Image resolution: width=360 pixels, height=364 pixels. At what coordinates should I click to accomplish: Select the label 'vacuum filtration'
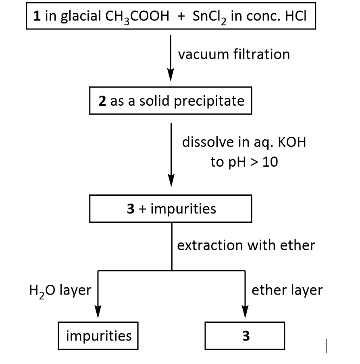point(234,54)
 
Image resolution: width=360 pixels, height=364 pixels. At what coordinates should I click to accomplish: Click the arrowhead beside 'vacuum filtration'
point(171,75)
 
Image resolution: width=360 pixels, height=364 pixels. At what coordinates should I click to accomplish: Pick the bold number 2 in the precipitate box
point(102,100)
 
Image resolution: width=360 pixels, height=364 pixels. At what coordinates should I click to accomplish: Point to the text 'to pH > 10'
point(244,163)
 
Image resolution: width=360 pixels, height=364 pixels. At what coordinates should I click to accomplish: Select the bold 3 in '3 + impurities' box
point(130,209)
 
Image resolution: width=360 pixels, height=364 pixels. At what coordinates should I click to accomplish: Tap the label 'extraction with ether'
point(246,245)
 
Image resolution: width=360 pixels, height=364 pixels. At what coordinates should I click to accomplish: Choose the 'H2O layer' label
point(60,290)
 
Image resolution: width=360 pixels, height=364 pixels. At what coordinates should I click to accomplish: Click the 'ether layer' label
point(287,290)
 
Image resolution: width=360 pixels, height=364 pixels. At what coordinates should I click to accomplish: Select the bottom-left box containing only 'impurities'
point(98,336)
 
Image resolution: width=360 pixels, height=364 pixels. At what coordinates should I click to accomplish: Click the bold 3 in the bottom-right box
point(246,336)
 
